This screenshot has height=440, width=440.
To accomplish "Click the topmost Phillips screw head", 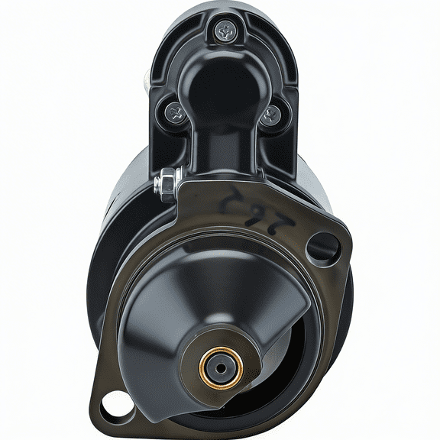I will click(x=226, y=31).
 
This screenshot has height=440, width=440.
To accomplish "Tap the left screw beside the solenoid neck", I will click(x=175, y=114).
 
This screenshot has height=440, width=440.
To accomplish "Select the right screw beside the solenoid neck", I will click(x=270, y=116).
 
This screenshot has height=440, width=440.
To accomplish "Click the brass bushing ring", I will click(x=220, y=367).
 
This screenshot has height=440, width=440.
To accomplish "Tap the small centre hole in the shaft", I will click(x=220, y=367).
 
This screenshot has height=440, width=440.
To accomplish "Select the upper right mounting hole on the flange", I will click(x=322, y=246).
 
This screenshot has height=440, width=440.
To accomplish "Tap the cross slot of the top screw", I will click(x=226, y=31).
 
